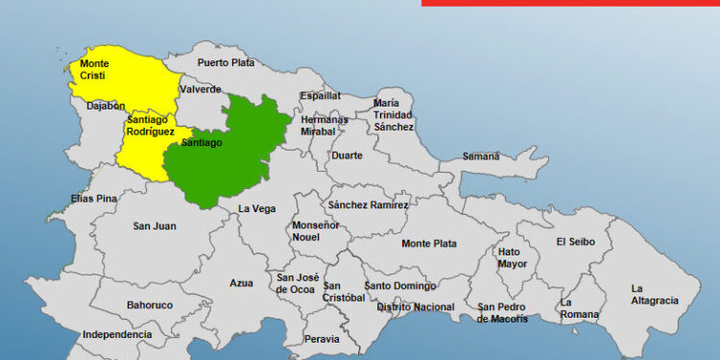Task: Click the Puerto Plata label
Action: [227, 63]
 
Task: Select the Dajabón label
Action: [106, 107]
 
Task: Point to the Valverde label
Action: [200, 89]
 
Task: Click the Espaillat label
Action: [320, 96]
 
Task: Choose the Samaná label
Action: [481, 156]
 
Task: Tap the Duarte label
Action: [347, 156]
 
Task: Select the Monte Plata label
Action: [429, 244]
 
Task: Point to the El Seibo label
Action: [575, 242]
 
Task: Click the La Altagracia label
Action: [654, 294]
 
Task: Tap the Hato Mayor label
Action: [513, 257]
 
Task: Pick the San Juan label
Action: [155, 227]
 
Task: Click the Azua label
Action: [242, 283]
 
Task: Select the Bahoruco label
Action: [150, 305]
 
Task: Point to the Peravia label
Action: [322, 339]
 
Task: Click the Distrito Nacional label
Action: [416, 307]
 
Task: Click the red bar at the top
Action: [570, 3]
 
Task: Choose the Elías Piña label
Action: [93, 199]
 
